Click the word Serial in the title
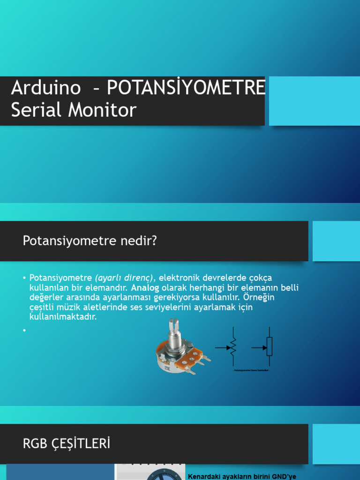pyautogui.click(x=31, y=110)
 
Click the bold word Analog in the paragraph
pyautogui.click(x=145, y=287)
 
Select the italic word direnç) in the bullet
pyautogui.click(x=138, y=277)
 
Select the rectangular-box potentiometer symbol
pyautogui.click(x=269, y=347)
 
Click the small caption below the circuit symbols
pyautogui.click(x=252, y=370)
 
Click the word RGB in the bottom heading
pyautogui.click(x=34, y=443)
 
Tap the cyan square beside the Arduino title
pyautogui.click(x=314, y=101)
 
